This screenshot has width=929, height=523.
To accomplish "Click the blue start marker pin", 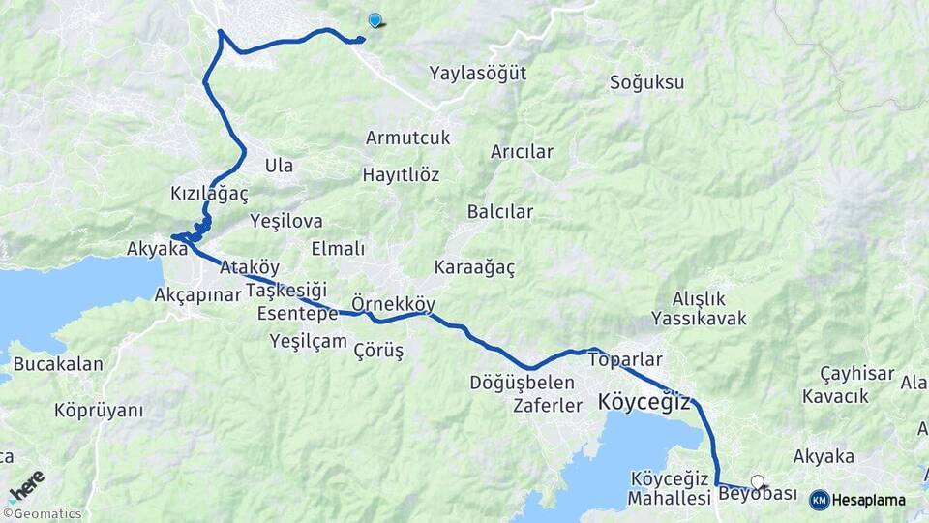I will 375,19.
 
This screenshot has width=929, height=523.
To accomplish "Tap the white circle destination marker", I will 757,480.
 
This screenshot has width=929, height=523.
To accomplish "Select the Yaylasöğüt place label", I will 478,73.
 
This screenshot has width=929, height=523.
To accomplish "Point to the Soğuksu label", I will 646,82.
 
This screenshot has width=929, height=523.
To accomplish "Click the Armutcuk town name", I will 407,138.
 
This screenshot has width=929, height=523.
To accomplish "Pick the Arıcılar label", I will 522,152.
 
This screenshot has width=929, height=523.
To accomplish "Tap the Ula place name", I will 279,166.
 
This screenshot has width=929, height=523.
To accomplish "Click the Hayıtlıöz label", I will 401,175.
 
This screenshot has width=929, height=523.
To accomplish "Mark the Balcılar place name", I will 499,211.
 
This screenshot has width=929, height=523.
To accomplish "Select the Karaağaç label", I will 474,266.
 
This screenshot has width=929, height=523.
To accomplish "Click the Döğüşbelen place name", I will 522,383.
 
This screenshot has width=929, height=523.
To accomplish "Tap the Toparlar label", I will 625,359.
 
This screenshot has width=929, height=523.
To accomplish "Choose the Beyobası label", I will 758,495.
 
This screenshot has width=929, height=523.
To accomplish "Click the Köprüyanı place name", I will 99,411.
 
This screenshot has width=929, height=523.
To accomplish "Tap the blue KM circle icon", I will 819,500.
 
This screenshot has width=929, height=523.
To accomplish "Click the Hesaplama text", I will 868,501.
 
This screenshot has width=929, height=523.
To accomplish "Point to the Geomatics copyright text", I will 46,514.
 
